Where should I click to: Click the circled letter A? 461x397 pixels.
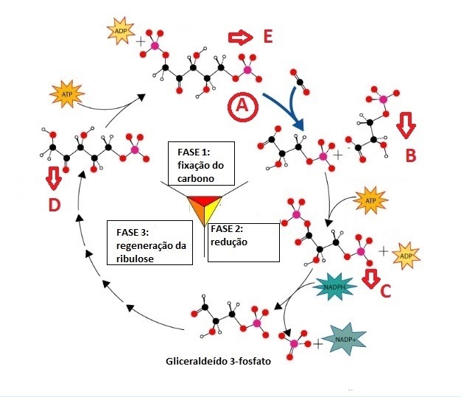pos(243,106)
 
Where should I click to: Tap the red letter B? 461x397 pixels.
pos(411,155)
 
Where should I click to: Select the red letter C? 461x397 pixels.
pos(385,291)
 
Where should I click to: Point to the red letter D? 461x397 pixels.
pos(54,205)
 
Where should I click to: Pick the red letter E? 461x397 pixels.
pos(268,37)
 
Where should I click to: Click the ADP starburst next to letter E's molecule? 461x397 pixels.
pos(121,31)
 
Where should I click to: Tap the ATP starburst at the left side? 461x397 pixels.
pos(67,94)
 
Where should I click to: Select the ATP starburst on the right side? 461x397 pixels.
pos(370,200)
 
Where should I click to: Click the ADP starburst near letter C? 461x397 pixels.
pos(406,256)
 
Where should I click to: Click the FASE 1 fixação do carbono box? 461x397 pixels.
pos(201,164)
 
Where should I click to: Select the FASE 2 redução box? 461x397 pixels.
pos(244,242)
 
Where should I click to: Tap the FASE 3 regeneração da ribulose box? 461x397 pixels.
pos(149,242)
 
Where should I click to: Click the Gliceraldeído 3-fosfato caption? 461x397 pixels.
pos(219,361)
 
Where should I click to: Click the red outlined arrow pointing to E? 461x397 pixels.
pos(241,38)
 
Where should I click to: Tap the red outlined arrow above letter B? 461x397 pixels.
pos(406,125)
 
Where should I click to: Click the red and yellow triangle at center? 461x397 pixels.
pos(204,207)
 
